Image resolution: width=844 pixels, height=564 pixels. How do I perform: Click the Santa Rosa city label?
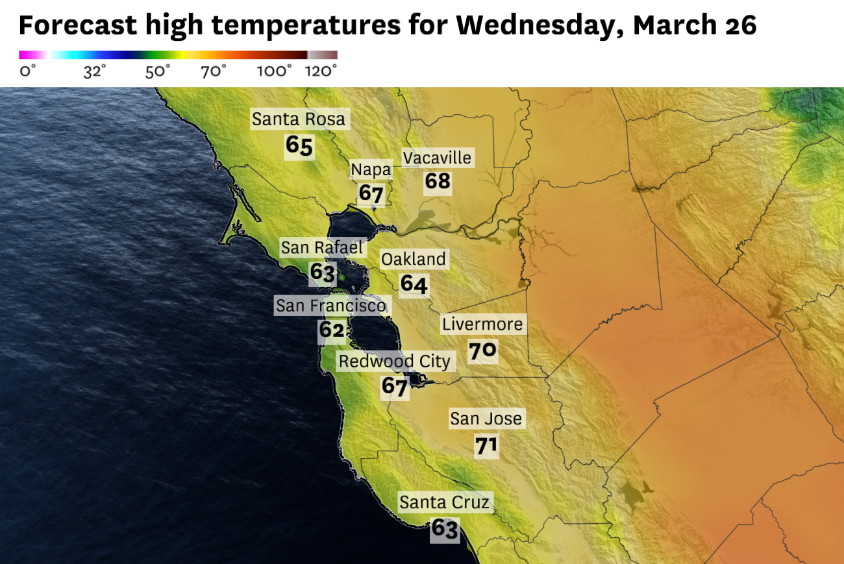click(299, 119)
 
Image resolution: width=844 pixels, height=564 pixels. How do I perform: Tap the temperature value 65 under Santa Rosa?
click(299, 146)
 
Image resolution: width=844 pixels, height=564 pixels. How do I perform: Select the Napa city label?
click(371, 170)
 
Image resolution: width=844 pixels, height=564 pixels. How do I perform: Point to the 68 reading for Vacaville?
click(438, 181)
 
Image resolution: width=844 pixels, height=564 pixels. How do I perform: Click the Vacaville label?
click(438, 158)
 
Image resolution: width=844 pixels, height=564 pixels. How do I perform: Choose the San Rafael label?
click(322, 247)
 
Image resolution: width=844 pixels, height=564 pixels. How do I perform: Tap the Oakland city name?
click(414, 260)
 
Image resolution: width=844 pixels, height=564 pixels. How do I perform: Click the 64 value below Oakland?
click(414, 284)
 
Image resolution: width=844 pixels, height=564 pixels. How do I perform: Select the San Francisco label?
click(331, 305)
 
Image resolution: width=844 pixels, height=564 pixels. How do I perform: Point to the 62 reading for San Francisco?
click(331, 330)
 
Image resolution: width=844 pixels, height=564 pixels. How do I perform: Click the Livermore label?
click(482, 324)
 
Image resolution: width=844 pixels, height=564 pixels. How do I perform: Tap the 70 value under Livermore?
click(482, 351)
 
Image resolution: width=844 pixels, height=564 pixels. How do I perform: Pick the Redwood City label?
click(395, 361)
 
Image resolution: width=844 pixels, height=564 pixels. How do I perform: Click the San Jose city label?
click(486, 419)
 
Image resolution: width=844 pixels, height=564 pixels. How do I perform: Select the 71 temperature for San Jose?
click(486, 446)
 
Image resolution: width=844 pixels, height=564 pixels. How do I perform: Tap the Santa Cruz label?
click(444, 502)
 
